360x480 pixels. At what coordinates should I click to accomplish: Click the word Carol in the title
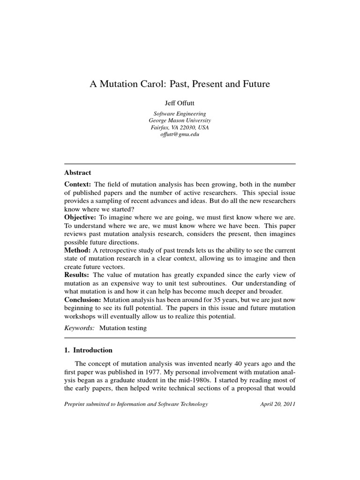146,85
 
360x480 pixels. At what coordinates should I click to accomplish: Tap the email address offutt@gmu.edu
180,135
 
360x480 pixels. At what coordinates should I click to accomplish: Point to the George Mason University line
180,120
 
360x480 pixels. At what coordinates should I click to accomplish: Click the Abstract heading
78,172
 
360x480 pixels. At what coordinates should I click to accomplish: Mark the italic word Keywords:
79,328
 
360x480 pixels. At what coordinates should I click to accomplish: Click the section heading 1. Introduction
89,350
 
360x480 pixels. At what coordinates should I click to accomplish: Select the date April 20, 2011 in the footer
277,404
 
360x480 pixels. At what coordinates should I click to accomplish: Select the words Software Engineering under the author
180,113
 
